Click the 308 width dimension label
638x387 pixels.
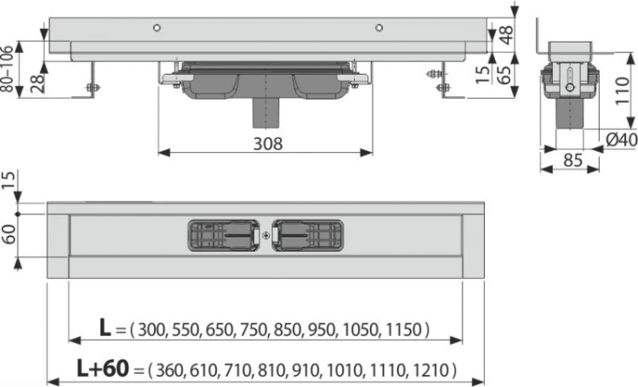(x=268, y=144)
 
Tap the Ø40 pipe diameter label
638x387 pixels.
(x=621, y=140)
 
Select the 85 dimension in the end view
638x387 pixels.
(x=572, y=161)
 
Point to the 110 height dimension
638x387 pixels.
(x=622, y=90)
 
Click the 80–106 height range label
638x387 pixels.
(x=8, y=68)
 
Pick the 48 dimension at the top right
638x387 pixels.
(x=507, y=34)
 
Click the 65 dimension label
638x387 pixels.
(x=506, y=75)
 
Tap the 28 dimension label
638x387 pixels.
(x=37, y=84)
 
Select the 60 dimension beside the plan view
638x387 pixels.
(x=9, y=234)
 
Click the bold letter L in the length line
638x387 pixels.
(x=105, y=327)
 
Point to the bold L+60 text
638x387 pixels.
(x=103, y=368)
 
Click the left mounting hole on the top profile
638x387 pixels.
(x=157, y=28)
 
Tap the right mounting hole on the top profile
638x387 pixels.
(x=379, y=28)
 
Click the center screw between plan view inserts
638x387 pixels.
(x=265, y=236)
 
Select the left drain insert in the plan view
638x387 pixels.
(x=224, y=236)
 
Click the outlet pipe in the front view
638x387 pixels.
(x=265, y=113)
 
